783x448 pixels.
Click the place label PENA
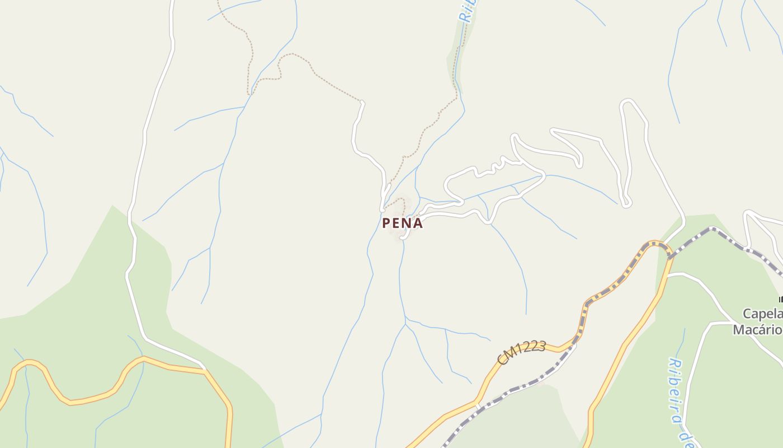402,223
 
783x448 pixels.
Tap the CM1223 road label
521,353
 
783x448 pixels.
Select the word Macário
758,329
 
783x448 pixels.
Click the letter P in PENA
386,223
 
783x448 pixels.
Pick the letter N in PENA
407,223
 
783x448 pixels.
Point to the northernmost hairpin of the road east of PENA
629,102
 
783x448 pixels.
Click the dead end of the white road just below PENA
402,237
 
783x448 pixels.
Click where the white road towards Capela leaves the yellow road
668,275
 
